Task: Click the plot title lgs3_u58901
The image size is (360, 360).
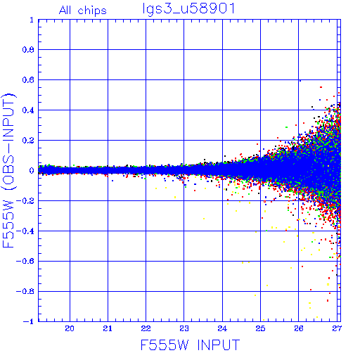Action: tap(188, 9)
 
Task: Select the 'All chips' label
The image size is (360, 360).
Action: tap(83, 11)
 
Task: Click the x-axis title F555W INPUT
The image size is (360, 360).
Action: tap(190, 345)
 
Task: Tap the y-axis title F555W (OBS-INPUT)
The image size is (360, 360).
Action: tap(8, 171)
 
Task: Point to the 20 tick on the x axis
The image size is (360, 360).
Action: tap(70, 328)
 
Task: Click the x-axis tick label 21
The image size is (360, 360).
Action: tap(108, 328)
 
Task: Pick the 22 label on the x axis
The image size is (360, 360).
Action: tap(146, 328)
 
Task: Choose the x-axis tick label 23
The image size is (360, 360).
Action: tap(184, 328)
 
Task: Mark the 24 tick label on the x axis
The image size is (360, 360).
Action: tap(222, 328)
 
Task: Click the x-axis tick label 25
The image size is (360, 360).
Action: tap(260, 328)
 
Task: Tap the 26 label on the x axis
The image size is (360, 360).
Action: tap(299, 328)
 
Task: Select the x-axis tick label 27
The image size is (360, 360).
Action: tap(337, 328)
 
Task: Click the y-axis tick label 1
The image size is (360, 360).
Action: tap(32, 20)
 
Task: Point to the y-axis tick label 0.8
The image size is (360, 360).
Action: tap(28, 50)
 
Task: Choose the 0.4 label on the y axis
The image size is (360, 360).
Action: tap(28, 110)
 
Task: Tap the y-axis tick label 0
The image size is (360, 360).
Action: tap(32, 171)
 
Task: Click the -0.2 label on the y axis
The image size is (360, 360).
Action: tap(25, 201)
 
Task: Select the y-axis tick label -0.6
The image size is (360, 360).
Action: tap(25, 261)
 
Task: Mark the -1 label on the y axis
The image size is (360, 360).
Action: tap(28, 321)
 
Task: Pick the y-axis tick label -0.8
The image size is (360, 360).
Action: tap(25, 291)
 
